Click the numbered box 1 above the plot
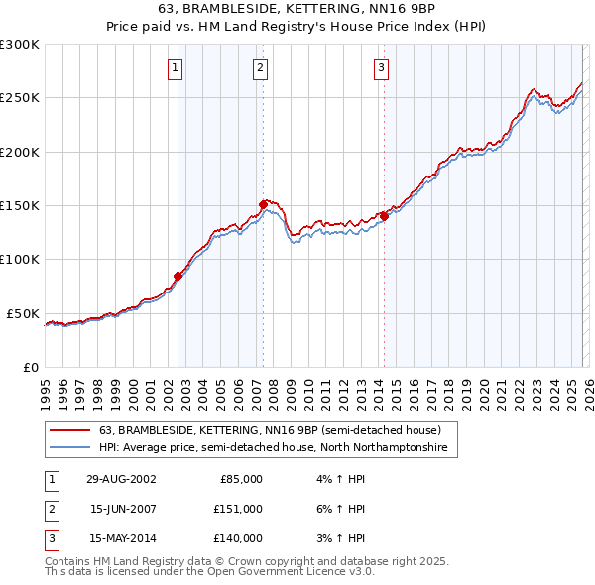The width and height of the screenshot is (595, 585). click(x=175, y=68)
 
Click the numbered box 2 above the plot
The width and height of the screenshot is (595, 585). click(x=260, y=68)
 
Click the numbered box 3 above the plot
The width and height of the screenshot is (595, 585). click(x=381, y=68)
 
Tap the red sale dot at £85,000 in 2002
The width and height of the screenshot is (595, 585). click(x=178, y=276)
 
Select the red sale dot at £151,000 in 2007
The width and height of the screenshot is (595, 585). click(x=264, y=204)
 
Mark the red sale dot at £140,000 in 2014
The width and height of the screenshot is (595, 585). click(x=384, y=216)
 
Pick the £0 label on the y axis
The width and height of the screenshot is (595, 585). click(x=30, y=367)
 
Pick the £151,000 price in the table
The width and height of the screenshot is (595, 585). click(x=238, y=509)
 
